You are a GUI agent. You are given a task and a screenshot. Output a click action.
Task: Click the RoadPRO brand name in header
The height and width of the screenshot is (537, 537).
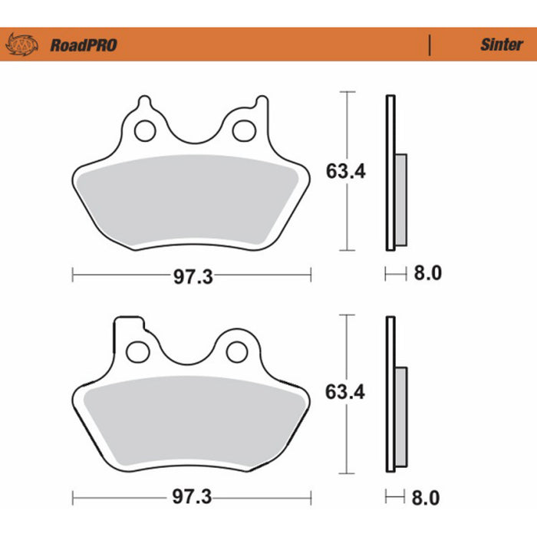click(84, 45)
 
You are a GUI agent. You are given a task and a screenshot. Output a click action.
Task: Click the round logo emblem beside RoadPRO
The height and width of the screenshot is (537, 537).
click(21, 45)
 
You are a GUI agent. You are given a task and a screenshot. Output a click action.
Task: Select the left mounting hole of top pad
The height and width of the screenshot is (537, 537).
click(144, 131)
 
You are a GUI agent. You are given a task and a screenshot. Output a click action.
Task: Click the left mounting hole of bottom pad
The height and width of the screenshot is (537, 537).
click(138, 351)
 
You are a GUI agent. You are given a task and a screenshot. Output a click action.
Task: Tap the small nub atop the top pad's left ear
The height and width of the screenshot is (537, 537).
click(145, 100)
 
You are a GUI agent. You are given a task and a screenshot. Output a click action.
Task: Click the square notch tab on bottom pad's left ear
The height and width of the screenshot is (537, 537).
click(128, 323)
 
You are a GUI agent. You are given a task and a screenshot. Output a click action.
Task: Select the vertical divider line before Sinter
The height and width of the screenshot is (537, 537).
click(430, 45)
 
